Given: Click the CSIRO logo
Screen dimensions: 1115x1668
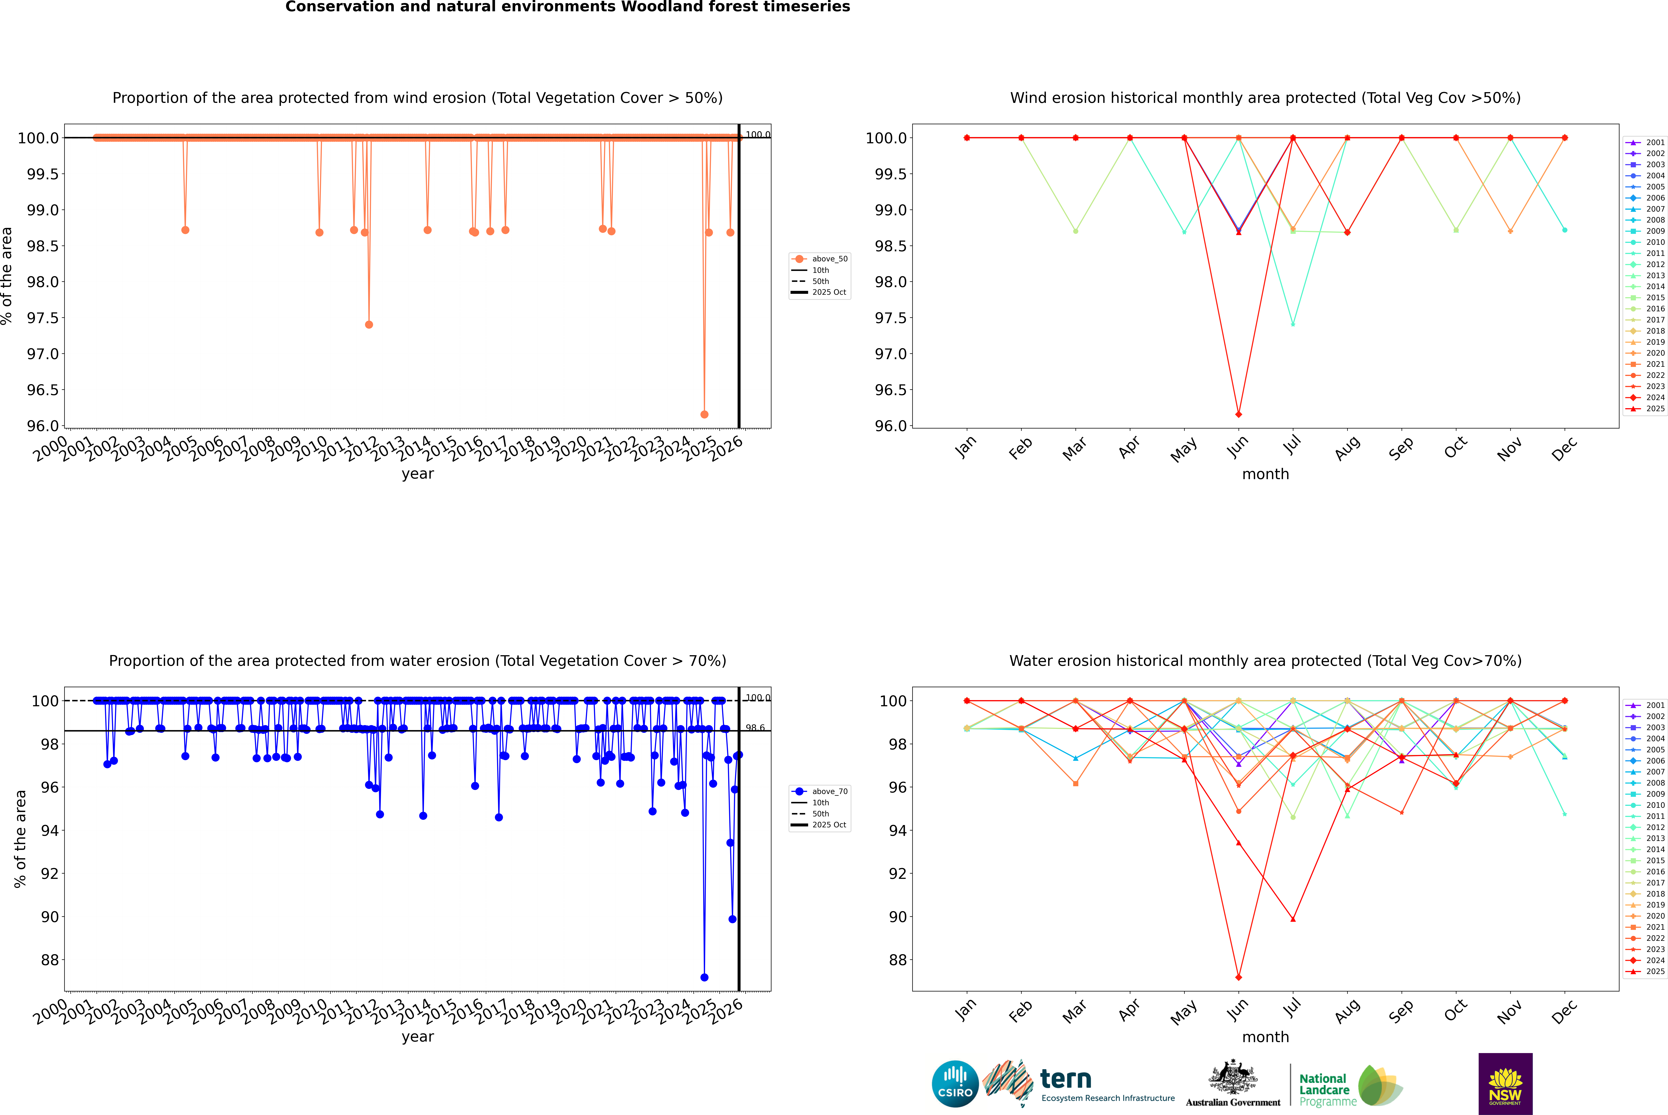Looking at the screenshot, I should pos(955,1084).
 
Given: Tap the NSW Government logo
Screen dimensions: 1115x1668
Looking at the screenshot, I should pos(1505,1084).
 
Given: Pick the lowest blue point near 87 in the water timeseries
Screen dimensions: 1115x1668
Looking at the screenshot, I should pos(704,977).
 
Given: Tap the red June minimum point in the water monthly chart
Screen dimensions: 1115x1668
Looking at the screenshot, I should pos(1239,977).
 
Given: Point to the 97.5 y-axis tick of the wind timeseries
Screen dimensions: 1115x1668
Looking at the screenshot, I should pos(43,318).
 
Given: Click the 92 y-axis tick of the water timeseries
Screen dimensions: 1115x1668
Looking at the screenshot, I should pos(50,873).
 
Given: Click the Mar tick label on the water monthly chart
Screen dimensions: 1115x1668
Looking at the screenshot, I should pos(1074,1011).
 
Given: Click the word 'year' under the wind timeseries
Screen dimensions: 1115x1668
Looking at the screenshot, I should pos(417,474).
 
